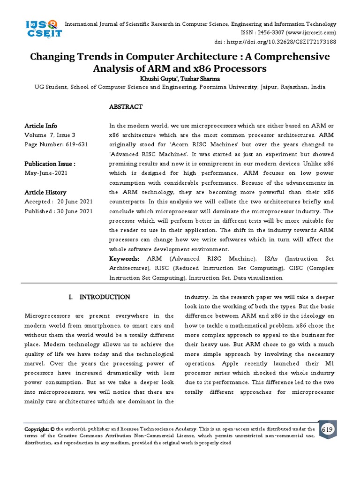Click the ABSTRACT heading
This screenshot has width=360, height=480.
(126, 107)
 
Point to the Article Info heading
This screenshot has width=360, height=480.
(41, 126)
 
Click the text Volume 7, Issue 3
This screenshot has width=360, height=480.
(50, 135)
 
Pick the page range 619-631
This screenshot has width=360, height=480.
(73, 144)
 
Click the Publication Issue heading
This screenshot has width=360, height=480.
(50, 164)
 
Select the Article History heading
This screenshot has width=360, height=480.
(45, 192)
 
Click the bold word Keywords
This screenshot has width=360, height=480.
(124, 259)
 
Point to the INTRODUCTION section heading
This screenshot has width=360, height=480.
(105, 297)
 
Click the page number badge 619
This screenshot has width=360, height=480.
(326, 429)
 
